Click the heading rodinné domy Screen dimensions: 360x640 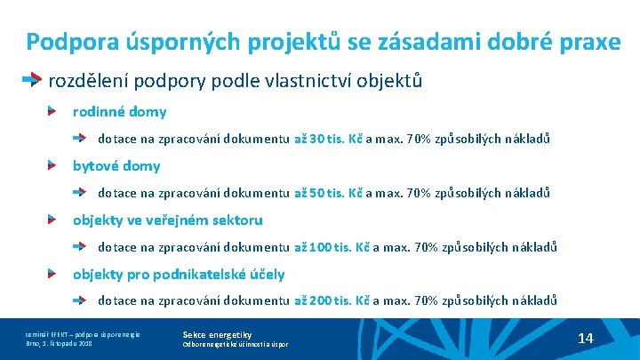coord(119,112)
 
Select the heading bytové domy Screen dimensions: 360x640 coord(116,165)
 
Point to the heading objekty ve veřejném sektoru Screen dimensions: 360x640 coord(167,220)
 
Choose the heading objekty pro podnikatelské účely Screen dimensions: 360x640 coord(179,274)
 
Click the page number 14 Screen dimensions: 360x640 coord(585,338)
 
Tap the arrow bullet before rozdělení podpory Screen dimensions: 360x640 coord(32,80)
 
